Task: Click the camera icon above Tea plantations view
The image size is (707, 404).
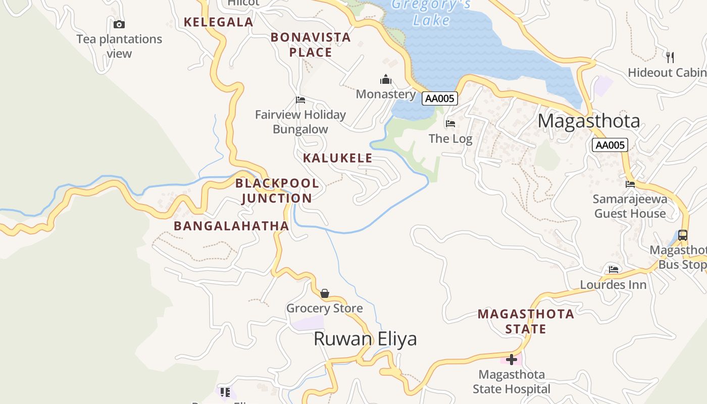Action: (119, 24)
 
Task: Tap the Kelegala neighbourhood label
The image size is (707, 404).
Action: (218, 22)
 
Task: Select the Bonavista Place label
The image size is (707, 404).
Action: (311, 44)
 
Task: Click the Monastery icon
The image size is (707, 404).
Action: (386, 79)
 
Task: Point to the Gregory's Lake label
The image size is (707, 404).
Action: (431, 12)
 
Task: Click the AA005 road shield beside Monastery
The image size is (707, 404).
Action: (440, 98)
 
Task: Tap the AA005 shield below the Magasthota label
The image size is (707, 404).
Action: (610, 145)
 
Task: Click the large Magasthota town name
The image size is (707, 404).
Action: (589, 121)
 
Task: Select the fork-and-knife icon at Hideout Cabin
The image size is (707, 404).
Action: (670, 57)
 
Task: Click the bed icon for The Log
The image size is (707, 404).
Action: (450, 123)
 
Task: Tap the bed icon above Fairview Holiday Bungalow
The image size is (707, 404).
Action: (300, 100)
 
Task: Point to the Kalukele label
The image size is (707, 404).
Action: (337, 158)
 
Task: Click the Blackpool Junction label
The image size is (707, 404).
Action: (277, 190)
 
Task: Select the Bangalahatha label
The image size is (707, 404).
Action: (231, 226)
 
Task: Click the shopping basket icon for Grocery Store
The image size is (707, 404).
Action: (325, 293)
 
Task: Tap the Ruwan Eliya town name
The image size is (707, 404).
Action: (365, 339)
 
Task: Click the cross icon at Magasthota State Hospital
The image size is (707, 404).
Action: (512, 360)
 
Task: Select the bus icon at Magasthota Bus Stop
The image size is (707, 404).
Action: (682, 235)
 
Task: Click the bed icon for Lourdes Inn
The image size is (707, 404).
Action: (614, 269)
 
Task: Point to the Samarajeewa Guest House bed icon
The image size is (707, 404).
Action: (630, 184)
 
